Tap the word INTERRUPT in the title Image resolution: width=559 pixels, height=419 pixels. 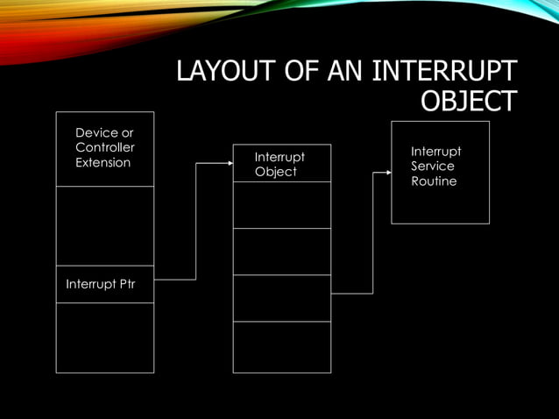tap(444, 72)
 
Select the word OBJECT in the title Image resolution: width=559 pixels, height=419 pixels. tap(468, 102)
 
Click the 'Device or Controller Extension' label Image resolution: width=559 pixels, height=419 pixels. tap(104, 147)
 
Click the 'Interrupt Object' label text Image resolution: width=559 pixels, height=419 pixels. tap(279, 164)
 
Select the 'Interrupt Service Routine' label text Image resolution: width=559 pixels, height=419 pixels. tap(435, 167)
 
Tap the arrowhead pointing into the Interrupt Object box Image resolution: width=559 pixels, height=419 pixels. tap(229, 163)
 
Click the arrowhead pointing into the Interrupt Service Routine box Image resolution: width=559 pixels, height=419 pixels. tap(387, 172)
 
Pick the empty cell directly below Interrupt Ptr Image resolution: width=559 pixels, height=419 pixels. tap(104, 337)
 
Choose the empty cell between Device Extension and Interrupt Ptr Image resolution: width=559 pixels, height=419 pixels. tap(104, 225)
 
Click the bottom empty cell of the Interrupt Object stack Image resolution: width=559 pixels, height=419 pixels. tap(281, 347)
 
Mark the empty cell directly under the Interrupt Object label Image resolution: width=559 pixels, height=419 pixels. tap(281, 204)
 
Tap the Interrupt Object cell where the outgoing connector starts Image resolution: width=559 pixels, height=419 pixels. tap(281, 298)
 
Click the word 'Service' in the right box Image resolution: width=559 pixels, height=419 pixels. tap(433, 167)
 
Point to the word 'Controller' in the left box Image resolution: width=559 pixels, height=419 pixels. tap(105, 147)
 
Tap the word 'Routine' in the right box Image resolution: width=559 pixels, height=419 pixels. tap(434, 181)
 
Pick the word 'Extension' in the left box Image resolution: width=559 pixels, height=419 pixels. tap(103, 162)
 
